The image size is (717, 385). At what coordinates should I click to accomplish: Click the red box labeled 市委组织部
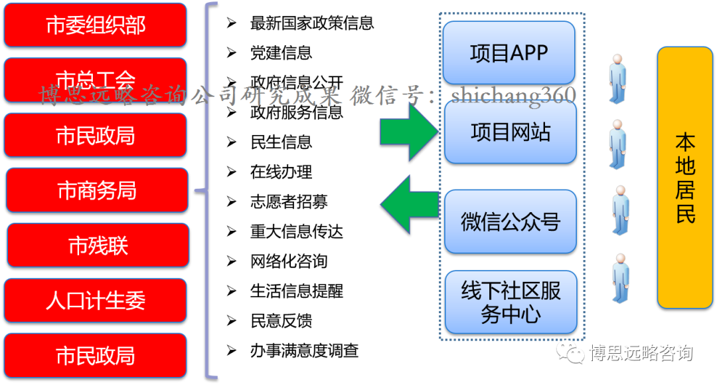pyautogui.click(x=96, y=25)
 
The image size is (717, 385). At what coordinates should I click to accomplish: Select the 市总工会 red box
pyautogui.click(x=96, y=80)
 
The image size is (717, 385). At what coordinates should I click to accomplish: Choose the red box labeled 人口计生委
pyautogui.click(x=96, y=301)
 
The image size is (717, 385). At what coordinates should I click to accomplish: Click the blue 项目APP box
pyautogui.click(x=509, y=53)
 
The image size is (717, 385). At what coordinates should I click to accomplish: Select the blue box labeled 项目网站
pyautogui.click(x=510, y=132)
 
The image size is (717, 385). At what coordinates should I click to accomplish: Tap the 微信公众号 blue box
pyautogui.click(x=510, y=221)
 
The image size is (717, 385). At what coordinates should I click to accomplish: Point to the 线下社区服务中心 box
pyautogui.click(x=510, y=302)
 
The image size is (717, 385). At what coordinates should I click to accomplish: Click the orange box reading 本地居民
pyautogui.click(x=684, y=178)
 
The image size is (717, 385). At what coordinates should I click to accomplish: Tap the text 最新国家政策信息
pyautogui.click(x=311, y=23)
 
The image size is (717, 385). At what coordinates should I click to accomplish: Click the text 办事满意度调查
pyautogui.click(x=304, y=350)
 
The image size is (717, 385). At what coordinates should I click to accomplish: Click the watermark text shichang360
pyautogui.click(x=513, y=96)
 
